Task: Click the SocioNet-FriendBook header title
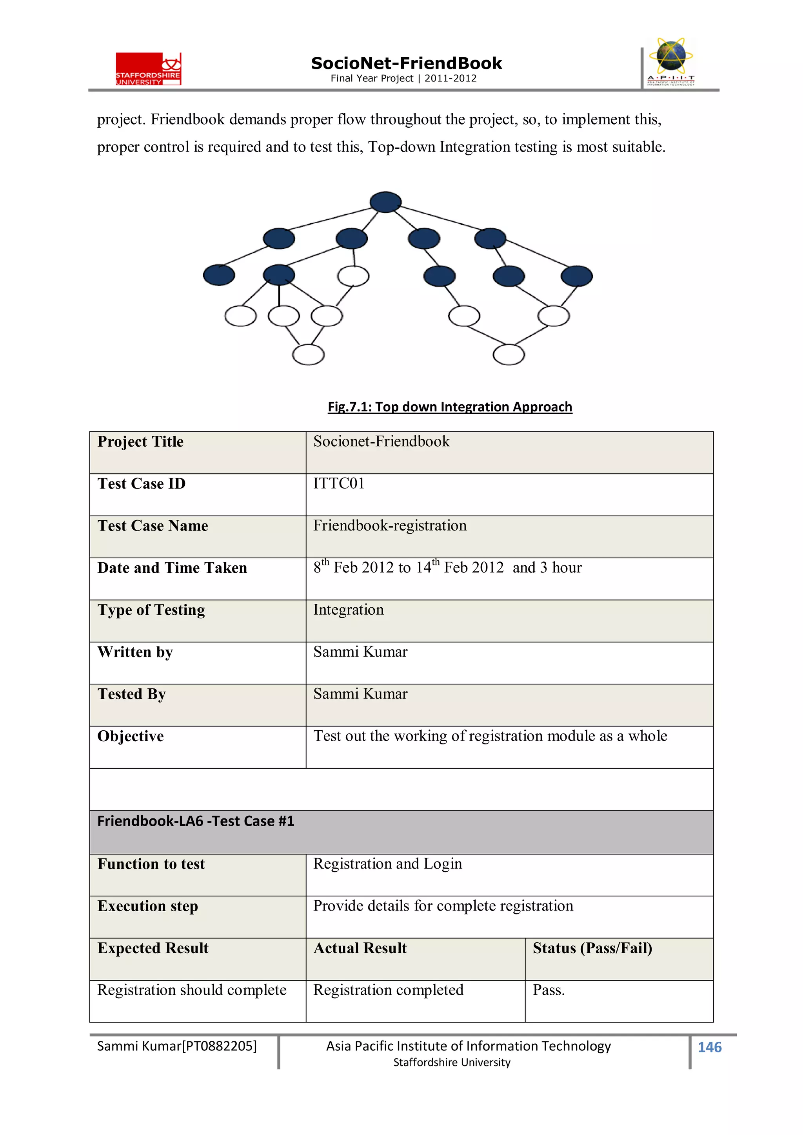(406, 63)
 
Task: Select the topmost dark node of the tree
(385, 202)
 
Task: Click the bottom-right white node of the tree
(509, 355)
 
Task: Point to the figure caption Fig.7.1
(449, 406)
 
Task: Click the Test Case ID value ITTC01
(339, 483)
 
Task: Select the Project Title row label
(140, 442)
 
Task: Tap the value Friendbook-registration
(390, 525)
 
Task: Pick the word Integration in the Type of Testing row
(348, 610)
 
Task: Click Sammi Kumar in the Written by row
(360, 652)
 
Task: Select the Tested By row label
(132, 694)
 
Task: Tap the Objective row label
(131, 736)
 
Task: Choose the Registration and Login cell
(387, 863)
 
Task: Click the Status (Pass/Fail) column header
(592, 948)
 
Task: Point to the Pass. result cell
(549, 990)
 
